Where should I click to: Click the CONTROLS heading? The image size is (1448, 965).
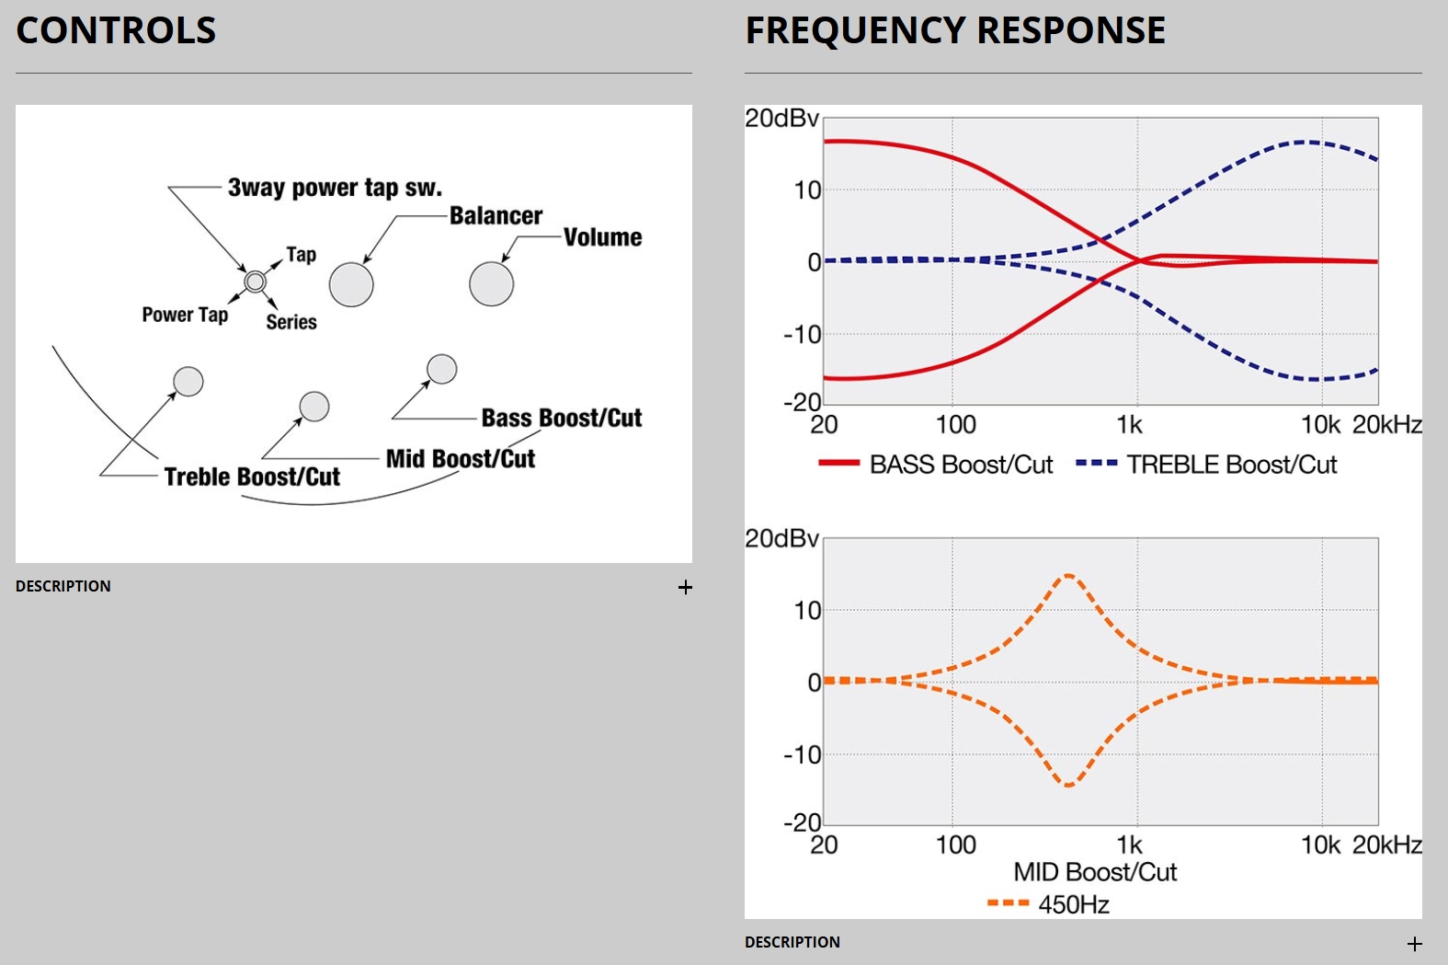pos(116,30)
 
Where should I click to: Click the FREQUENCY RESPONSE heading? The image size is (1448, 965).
pos(954,30)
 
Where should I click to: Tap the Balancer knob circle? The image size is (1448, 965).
pos(351,284)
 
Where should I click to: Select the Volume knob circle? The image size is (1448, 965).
pos(492,283)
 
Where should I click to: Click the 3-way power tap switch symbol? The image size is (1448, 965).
pos(255,281)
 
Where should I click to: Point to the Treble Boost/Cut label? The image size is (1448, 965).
pos(252,477)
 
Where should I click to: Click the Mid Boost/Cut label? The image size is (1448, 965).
pos(460,458)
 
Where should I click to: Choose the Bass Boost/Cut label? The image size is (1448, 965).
pos(561,418)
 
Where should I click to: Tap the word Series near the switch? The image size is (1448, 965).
pos(291,322)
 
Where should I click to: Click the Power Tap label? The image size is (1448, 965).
pos(185,315)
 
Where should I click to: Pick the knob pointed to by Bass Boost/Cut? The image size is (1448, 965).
pos(442,369)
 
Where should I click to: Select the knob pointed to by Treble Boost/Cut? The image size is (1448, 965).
pos(188,381)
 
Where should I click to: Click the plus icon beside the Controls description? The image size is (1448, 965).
pos(685,587)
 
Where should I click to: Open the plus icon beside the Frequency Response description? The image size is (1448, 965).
pos(1415,944)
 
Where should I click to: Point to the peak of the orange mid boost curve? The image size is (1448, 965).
pos(1068,576)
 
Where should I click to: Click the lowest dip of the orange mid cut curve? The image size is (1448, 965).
pos(1068,785)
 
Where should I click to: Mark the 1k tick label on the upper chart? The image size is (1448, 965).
pos(1129,424)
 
